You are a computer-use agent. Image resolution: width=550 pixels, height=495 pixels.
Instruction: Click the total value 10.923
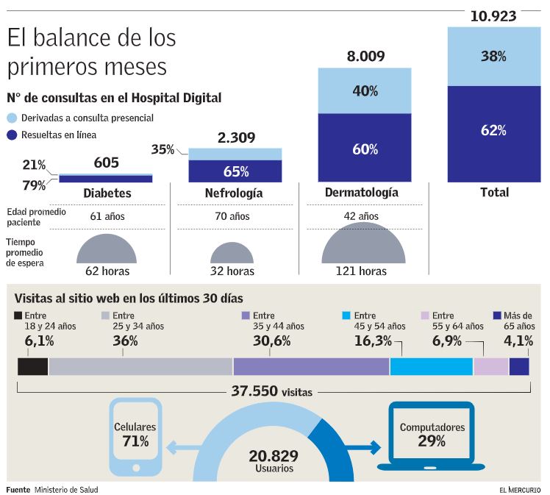[493, 15]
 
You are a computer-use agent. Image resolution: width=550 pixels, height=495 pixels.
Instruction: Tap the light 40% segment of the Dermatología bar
[364, 90]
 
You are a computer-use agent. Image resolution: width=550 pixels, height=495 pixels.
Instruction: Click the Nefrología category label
[234, 193]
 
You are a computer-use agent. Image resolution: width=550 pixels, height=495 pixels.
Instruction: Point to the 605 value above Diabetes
[106, 163]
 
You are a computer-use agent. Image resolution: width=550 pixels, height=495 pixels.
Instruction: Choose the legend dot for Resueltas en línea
[12, 135]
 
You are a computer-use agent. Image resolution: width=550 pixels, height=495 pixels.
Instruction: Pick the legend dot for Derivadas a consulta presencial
[12, 118]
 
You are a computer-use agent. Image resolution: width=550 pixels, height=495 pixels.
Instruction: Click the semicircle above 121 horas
[363, 245]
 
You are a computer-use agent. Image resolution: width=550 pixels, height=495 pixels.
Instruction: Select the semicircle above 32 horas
[232, 253]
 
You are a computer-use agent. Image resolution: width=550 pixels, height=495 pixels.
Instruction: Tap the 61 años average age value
[107, 216]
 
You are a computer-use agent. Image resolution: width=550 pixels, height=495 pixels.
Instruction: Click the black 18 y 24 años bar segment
[33, 366]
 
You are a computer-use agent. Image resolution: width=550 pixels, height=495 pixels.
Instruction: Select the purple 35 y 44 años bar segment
[311, 366]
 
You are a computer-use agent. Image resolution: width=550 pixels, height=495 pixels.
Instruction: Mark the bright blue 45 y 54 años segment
[431, 366]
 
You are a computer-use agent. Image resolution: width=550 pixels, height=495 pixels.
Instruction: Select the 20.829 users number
[274, 456]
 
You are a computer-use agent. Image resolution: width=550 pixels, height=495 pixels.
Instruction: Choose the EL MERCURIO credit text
[519, 490]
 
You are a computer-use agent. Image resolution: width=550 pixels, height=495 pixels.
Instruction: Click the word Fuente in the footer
[18, 490]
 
